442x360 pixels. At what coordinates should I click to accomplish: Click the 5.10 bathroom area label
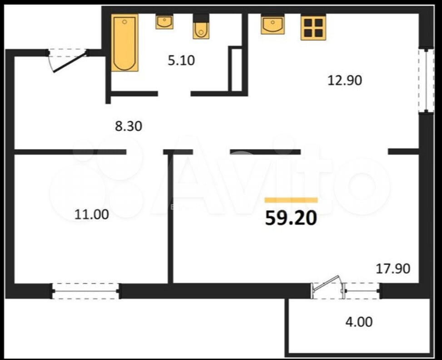tap(181, 60)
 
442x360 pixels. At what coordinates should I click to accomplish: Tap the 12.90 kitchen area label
tap(344, 80)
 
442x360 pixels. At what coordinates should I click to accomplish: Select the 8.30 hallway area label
tap(128, 126)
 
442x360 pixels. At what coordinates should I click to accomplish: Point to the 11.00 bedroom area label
tap(92, 215)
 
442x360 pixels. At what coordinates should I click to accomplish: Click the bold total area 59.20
tap(291, 218)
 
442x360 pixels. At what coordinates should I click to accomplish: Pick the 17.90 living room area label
tap(393, 269)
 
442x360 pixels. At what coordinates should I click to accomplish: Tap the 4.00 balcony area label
tap(359, 322)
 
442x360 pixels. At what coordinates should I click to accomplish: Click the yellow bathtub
tap(124, 43)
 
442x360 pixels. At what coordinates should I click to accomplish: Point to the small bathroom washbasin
tap(164, 22)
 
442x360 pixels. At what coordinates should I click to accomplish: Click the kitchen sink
tap(273, 25)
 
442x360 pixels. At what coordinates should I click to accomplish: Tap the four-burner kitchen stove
tap(313, 28)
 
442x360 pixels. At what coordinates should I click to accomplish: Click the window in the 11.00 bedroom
tap(85, 291)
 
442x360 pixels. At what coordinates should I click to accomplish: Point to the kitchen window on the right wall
tap(426, 81)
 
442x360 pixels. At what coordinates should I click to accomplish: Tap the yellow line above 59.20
tap(291, 200)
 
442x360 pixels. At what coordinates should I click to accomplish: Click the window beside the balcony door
tap(362, 290)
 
